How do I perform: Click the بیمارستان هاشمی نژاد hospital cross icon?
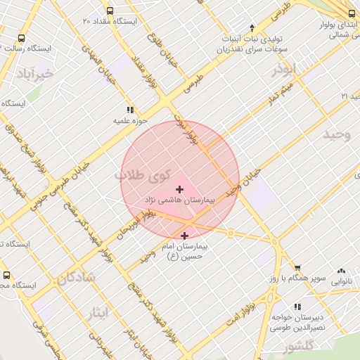point(180,188)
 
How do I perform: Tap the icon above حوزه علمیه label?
point(130,110)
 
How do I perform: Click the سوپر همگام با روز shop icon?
point(298,268)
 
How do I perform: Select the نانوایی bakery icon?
point(342,270)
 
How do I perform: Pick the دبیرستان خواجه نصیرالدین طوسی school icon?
point(298,307)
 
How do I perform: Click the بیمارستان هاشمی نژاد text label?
point(186,200)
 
